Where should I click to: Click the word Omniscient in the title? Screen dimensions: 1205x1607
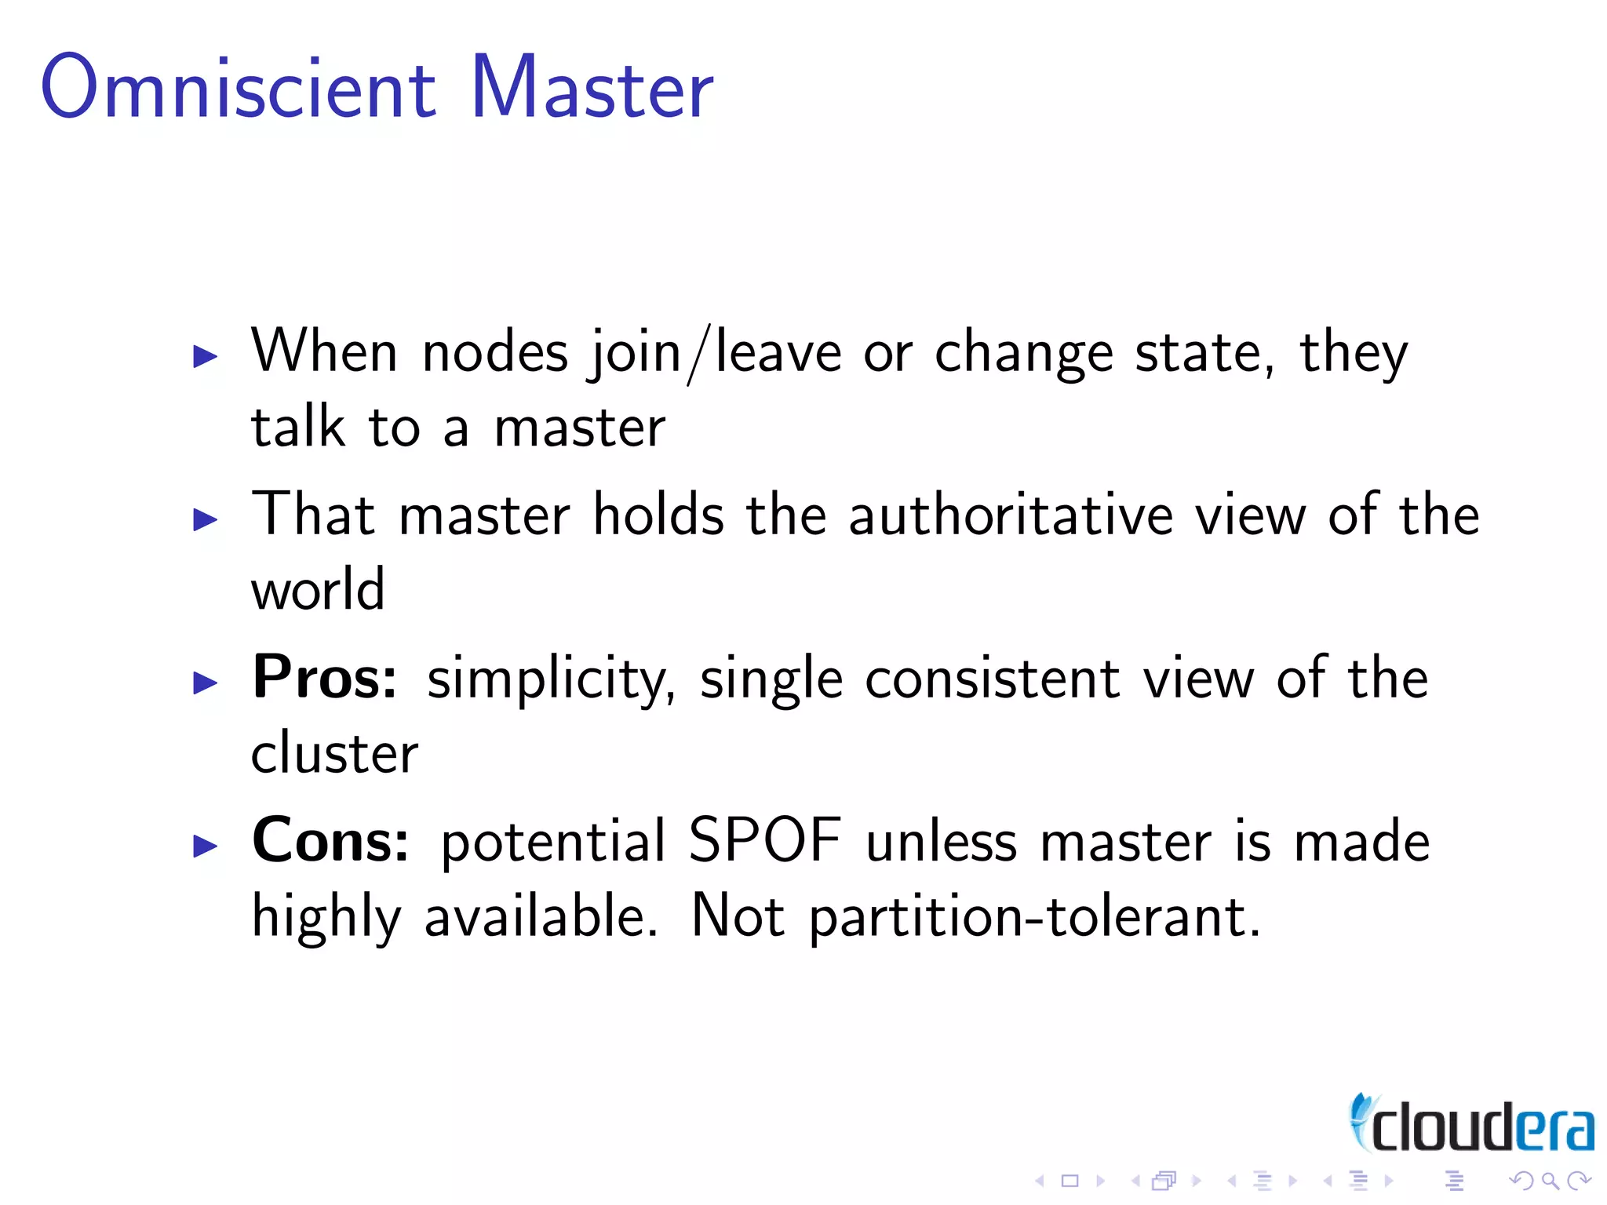(x=238, y=88)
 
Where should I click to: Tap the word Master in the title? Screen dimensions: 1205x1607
(x=592, y=88)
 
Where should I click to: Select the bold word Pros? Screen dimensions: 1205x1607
(x=325, y=678)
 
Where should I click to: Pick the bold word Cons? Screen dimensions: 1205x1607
(x=330, y=841)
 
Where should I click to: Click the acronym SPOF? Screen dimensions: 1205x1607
(x=765, y=841)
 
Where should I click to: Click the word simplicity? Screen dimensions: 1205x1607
(x=550, y=679)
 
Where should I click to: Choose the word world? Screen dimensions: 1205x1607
(x=318, y=590)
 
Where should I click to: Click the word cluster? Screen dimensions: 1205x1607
(x=334, y=753)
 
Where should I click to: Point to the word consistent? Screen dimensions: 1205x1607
(x=993, y=679)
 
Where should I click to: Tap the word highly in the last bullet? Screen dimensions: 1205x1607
(x=326, y=918)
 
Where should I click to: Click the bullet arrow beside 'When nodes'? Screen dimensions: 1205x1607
(x=205, y=357)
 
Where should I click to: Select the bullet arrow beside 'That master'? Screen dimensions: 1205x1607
(x=205, y=519)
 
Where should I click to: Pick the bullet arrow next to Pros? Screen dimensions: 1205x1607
(x=205, y=683)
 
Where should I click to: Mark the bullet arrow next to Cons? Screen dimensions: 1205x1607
(x=205, y=846)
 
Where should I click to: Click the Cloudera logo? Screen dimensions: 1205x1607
(x=1471, y=1124)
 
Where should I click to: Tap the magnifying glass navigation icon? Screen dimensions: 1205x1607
(x=1550, y=1181)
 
